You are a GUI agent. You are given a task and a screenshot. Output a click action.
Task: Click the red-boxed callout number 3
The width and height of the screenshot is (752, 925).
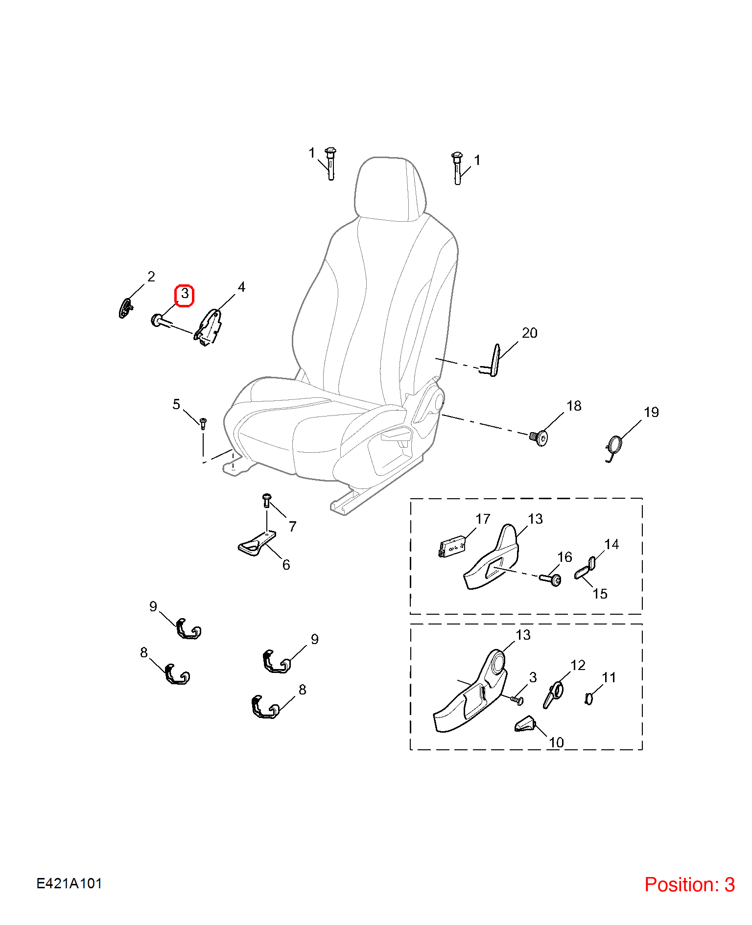185,294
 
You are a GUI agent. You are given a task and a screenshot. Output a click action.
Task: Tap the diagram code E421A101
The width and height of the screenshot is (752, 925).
69,883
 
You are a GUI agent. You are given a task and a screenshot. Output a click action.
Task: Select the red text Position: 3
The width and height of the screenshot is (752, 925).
689,884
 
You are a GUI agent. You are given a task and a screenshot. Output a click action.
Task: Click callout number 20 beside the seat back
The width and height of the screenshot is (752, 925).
530,333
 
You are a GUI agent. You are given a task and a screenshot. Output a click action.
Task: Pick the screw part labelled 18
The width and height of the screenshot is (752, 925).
539,437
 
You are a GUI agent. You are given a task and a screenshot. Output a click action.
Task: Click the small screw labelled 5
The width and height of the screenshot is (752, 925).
203,423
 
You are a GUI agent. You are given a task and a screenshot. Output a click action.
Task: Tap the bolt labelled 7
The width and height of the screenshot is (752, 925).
266,500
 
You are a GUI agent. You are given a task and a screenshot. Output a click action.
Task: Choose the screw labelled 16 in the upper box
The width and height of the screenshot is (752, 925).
551,579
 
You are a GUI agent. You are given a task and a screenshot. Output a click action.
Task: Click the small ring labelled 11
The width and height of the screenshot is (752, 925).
589,698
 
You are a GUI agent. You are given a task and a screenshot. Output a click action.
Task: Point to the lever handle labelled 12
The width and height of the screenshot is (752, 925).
553,695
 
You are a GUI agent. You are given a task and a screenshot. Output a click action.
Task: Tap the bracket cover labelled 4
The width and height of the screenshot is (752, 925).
209,327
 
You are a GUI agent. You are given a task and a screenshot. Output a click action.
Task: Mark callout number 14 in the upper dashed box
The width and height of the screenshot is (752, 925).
611,544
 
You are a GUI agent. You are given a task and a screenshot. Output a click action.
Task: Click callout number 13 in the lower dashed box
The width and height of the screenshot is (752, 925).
523,635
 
